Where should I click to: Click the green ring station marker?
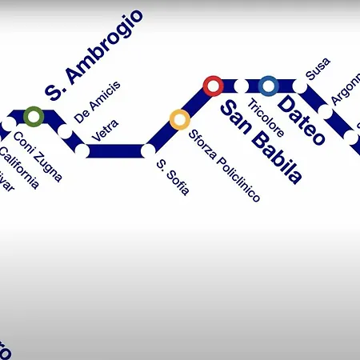[33, 117]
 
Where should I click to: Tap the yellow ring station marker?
[179, 120]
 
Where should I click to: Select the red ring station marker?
[213, 85]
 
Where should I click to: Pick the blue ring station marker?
[269, 85]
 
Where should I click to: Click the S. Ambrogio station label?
[94, 54]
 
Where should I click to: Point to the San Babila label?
[261, 143]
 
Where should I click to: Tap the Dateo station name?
[302, 120]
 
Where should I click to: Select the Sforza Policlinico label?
[225, 165]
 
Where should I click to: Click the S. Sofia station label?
[173, 178]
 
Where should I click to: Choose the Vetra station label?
[106, 130]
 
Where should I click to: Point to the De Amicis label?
[97, 102]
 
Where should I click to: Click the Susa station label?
[318, 69]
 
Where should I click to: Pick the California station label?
[18, 167]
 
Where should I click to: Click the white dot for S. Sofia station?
[148, 150]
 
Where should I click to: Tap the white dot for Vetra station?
[82, 150]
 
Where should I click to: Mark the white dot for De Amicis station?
[65, 130]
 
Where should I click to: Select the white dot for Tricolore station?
[241, 85]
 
